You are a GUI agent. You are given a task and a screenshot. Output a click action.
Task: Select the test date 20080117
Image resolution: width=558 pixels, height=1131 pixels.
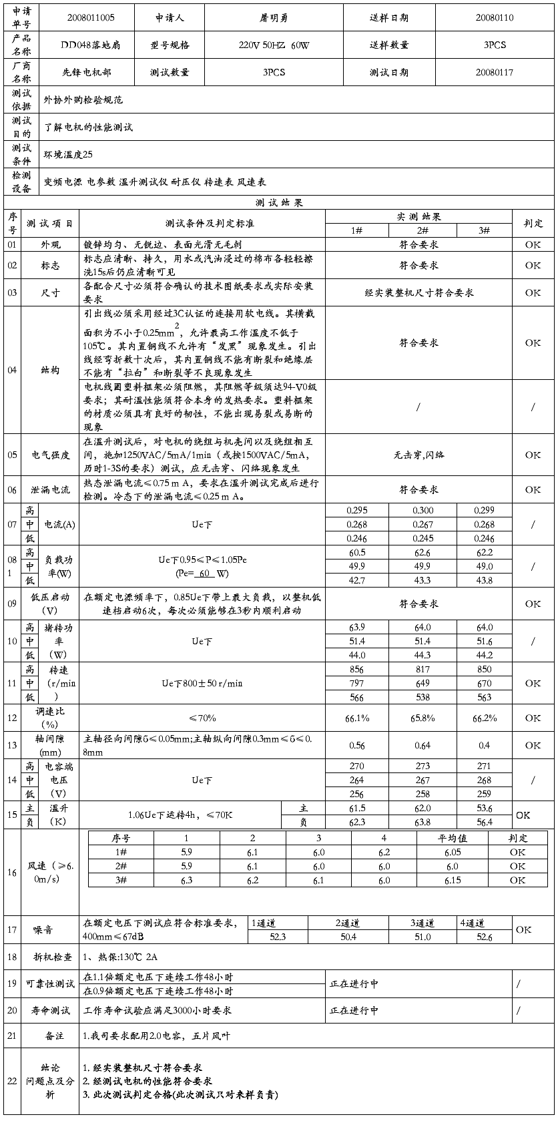tap(495, 72)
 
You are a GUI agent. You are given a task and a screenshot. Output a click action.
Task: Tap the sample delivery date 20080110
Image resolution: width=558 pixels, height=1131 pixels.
tap(495, 18)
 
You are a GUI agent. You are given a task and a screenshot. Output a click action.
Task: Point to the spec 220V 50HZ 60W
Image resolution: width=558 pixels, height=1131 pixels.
tap(274, 45)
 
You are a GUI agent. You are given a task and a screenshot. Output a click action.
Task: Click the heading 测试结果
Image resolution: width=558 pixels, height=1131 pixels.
tap(279, 203)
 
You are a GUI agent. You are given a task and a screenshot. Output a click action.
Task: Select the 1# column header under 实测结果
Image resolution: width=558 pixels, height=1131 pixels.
tap(357, 230)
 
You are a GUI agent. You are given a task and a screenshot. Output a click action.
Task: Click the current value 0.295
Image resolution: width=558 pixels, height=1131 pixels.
tap(357, 511)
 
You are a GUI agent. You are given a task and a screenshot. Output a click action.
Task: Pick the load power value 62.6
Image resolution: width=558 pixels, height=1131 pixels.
tap(423, 553)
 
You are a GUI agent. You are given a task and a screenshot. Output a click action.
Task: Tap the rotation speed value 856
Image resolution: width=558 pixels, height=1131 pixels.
tap(357, 670)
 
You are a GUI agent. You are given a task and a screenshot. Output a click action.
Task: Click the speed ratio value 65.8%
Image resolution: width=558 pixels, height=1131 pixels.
tap(423, 718)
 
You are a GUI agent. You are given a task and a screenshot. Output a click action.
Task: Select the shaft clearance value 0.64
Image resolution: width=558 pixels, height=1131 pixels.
tap(423, 746)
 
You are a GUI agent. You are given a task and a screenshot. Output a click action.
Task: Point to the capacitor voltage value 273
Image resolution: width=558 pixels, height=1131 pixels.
tap(423, 766)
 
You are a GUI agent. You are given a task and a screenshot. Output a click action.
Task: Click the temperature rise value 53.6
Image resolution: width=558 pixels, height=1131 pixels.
tap(485, 809)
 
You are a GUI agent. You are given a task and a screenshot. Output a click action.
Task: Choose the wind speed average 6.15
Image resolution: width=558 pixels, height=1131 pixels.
tap(452, 881)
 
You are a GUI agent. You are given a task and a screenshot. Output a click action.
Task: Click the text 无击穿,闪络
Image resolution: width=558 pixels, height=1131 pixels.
tap(418, 455)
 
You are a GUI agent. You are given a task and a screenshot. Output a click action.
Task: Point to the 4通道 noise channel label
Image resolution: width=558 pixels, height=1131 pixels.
tap(472, 923)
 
